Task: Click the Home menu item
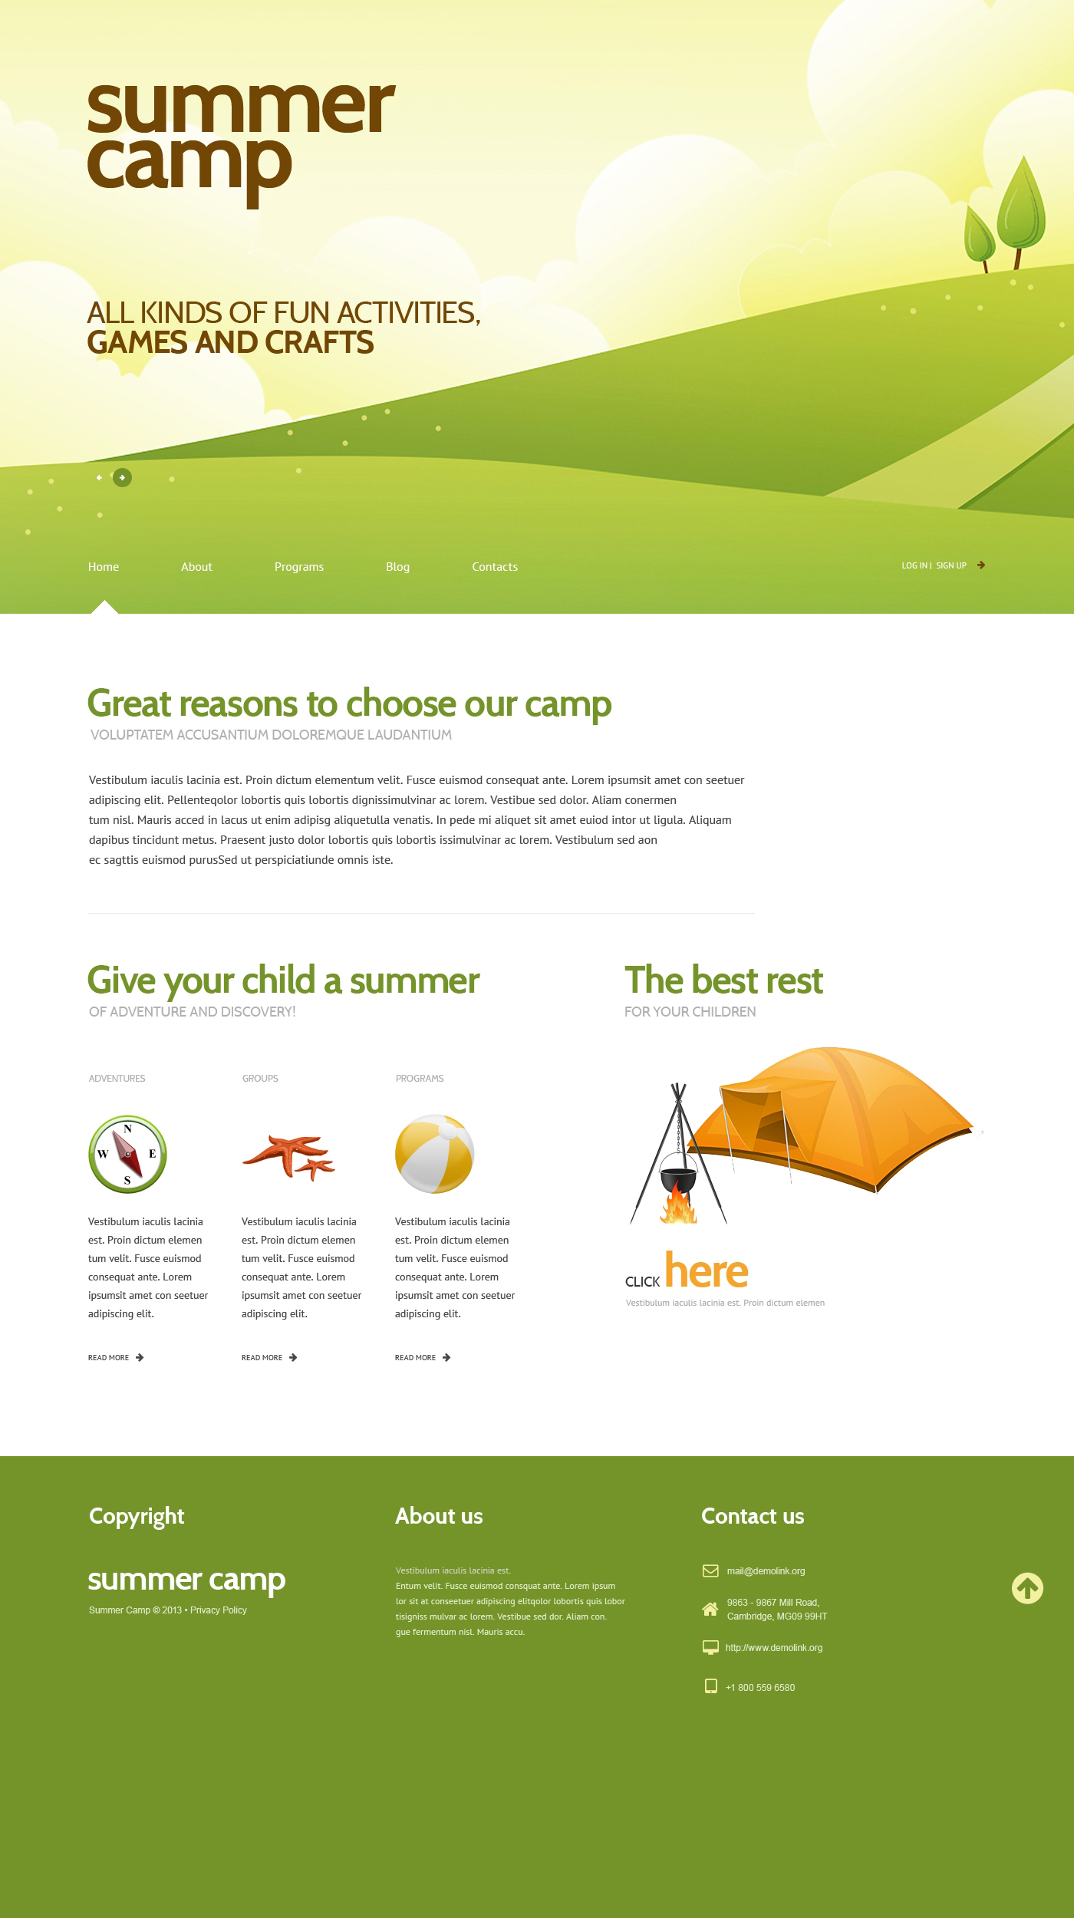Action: pos(104,567)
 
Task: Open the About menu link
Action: pos(196,567)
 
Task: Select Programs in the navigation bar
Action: pos(299,567)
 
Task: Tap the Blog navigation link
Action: pos(397,567)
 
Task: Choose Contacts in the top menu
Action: pos(495,567)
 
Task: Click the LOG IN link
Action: pos(914,565)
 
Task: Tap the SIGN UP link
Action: pos(951,565)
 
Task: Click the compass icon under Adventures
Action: pos(127,1155)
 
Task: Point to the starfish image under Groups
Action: pos(288,1156)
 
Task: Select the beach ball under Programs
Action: pos(434,1155)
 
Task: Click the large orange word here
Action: pos(707,1271)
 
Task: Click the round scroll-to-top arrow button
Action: pos(1027,1588)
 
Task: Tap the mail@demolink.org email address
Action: pos(766,1571)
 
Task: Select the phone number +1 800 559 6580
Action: pos(760,1688)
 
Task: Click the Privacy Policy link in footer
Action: pos(219,1610)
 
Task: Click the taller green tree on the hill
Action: pos(1021,207)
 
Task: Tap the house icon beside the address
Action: pos(710,1609)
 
